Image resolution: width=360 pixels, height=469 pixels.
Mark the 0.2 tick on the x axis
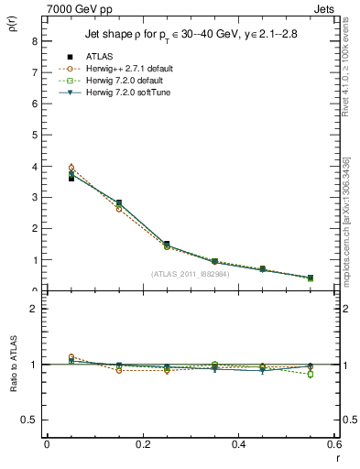pos(142,445)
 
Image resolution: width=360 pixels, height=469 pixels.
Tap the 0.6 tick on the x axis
pos(334,445)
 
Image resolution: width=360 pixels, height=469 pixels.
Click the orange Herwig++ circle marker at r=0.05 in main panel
pos(71,168)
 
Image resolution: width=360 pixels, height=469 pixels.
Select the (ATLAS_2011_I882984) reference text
pos(191,274)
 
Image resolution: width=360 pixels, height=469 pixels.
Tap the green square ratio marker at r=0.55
pos(310,374)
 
